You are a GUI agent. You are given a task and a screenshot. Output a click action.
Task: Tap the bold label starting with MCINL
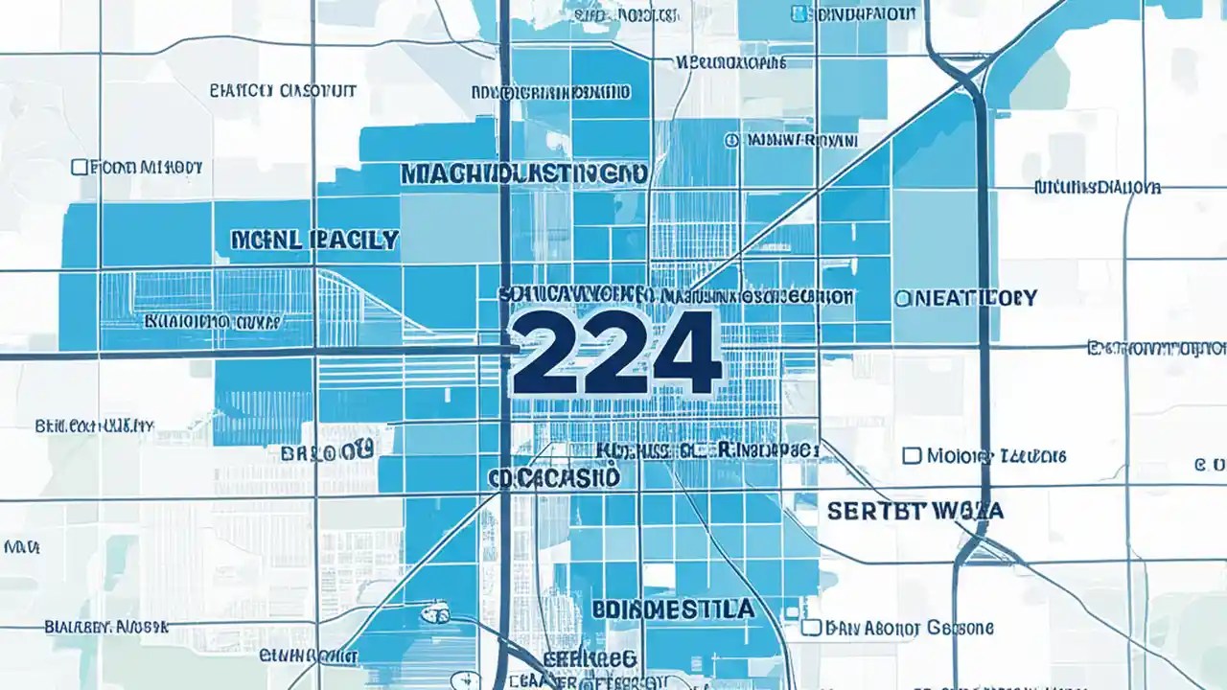313,240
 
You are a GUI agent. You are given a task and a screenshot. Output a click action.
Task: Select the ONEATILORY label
965,298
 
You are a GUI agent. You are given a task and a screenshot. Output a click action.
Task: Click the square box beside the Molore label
912,455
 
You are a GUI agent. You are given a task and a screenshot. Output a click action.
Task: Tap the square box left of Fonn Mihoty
80,168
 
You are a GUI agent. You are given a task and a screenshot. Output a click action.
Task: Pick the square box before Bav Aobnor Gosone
810,628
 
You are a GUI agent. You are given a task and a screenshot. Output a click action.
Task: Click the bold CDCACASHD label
553,477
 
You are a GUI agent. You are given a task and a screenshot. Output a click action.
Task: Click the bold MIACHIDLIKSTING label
522,173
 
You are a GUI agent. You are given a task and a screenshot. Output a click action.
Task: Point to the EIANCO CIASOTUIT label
282,91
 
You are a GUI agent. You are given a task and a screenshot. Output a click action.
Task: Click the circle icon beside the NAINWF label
732,140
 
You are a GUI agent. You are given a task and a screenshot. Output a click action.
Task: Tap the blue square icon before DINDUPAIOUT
798,13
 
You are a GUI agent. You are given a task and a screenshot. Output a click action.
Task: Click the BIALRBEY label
105,628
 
